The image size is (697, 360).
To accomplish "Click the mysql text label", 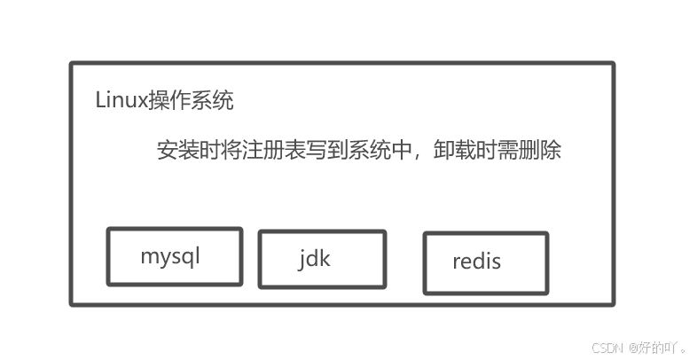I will [x=170, y=257].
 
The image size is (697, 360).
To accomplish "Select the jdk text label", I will [x=315, y=258].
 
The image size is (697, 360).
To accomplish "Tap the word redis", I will [x=476, y=262].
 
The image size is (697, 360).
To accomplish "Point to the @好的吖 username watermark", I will [x=657, y=346].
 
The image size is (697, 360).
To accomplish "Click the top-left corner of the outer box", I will [x=72, y=64].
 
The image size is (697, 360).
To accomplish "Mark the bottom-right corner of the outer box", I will [x=613, y=304].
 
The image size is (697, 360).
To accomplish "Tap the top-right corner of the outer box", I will [x=613, y=64].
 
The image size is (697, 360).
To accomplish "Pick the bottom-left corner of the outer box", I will [x=72, y=304].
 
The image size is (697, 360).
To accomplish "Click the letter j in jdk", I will [x=302, y=259].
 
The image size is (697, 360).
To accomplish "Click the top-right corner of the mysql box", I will [x=241, y=230].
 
